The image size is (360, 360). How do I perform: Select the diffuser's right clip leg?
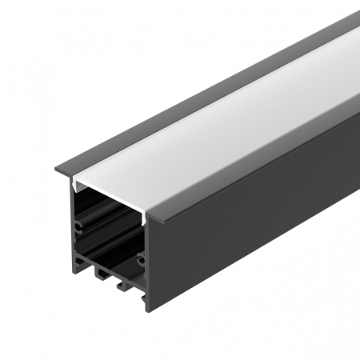tap(144, 218)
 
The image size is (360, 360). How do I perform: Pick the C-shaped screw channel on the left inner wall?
tap(78, 226)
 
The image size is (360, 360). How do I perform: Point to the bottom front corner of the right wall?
tap(149, 310)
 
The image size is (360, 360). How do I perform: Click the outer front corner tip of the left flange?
tap(54, 170)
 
